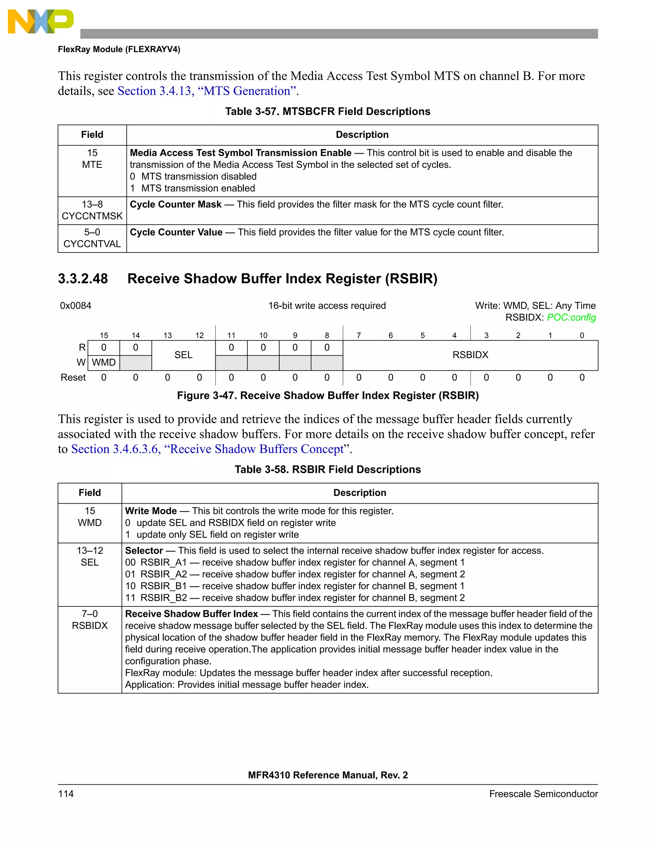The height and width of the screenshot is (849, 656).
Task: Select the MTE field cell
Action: [92, 159]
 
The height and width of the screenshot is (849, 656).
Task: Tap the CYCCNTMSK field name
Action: [92, 216]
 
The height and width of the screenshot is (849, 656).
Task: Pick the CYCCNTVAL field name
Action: [92, 244]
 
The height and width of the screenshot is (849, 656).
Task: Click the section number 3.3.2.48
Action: [83, 279]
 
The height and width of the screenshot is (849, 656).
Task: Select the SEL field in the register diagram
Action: [184, 355]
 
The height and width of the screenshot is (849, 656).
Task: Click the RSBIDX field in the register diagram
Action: [470, 355]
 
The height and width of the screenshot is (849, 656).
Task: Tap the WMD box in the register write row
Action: [104, 363]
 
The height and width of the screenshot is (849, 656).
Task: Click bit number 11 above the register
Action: [231, 335]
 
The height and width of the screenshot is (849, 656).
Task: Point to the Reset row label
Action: [73, 377]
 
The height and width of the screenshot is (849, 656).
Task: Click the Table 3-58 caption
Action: [328, 470]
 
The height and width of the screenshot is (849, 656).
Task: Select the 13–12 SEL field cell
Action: [90, 557]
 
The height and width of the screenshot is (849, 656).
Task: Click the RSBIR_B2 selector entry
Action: [164, 598]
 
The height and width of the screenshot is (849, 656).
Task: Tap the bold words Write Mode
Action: [151, 511]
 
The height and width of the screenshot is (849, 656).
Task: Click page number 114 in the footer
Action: [66, 794]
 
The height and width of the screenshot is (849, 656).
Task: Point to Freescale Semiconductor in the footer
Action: [543, 794]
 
